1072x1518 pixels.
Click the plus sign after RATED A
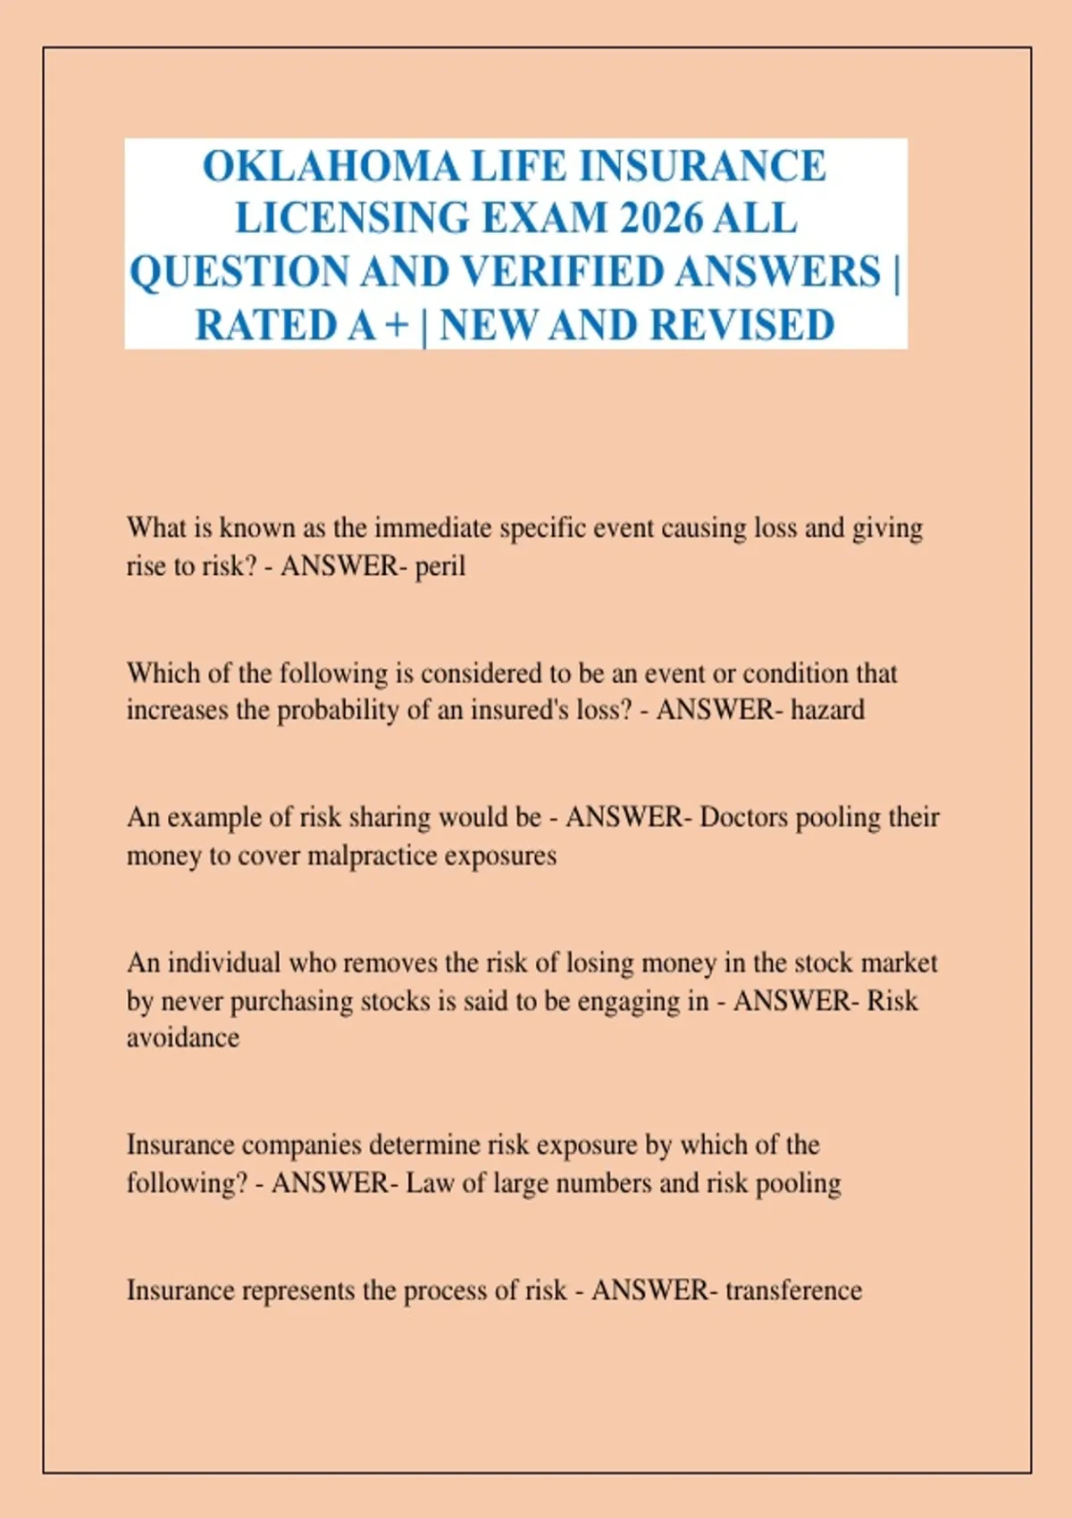396,325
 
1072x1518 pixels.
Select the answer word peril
440,566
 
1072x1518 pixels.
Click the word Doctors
743,818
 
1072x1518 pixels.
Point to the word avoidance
183,1038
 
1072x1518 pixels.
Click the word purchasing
292,1001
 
